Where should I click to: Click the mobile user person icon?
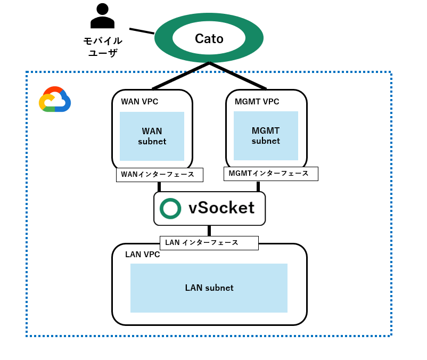coord(102,16)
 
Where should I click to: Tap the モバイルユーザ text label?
coord(103,47)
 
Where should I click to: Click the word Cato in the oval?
coord(209,38)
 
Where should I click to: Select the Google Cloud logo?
coord(55,100)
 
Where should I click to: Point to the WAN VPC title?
coord(139,102)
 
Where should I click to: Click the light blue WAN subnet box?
coord(152,136)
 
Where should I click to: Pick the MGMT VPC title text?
coord(257,102)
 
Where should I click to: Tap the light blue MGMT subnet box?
coord(266,136)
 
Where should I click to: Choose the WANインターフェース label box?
coord(159,175)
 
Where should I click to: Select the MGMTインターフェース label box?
coord(270,174)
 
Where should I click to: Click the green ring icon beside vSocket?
coord(170,208)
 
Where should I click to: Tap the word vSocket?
coord(221,208)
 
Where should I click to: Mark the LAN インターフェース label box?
coord(209,243)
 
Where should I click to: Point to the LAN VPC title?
coord(142,255)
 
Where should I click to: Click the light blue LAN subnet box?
coord(209,288)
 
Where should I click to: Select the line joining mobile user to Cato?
coord(142,31)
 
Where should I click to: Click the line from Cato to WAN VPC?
coord(181,76)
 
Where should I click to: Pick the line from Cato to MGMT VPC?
coord(238,76)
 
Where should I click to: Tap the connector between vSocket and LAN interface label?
coord(209,231)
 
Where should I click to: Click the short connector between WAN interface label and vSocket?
coord(159,186)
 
